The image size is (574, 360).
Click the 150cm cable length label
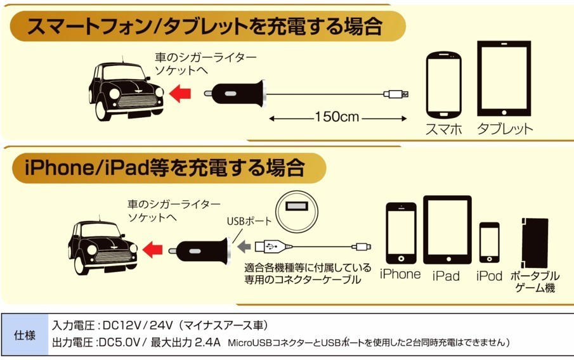point(336,117)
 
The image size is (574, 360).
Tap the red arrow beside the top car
point(181,93)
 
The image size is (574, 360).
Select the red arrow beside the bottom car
point(152,250)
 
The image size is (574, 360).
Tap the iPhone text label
point(400,274)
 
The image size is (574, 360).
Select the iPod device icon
point(489,242)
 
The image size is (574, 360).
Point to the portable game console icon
point(535,242)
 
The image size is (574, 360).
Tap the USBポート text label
point(249,222)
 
